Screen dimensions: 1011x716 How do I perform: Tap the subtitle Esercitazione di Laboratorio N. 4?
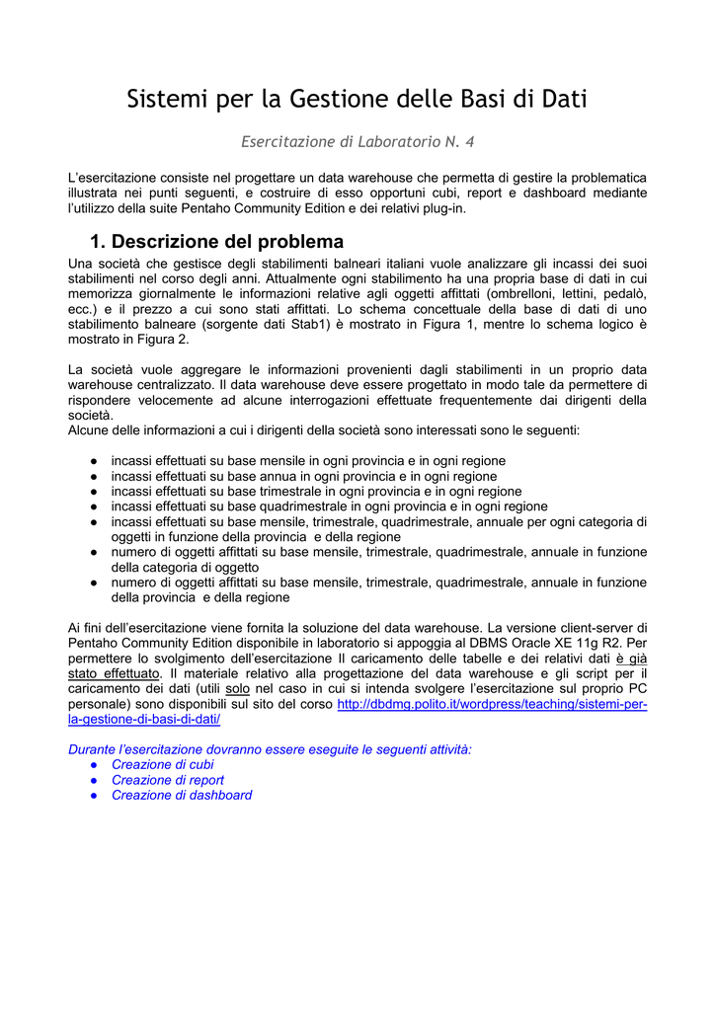coord(358,142)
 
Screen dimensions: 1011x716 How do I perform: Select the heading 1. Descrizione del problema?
coord(216,242)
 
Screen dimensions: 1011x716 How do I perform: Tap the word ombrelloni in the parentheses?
coord(531,293)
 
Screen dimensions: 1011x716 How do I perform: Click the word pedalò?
coord(624,293)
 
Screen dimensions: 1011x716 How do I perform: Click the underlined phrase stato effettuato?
coord(114,672)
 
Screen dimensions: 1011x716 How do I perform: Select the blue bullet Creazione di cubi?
coord(162,764)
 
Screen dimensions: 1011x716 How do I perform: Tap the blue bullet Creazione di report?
coord(167,780)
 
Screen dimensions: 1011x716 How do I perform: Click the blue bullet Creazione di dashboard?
coord(181,795)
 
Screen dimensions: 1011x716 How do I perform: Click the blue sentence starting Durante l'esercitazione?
coord(270,749)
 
